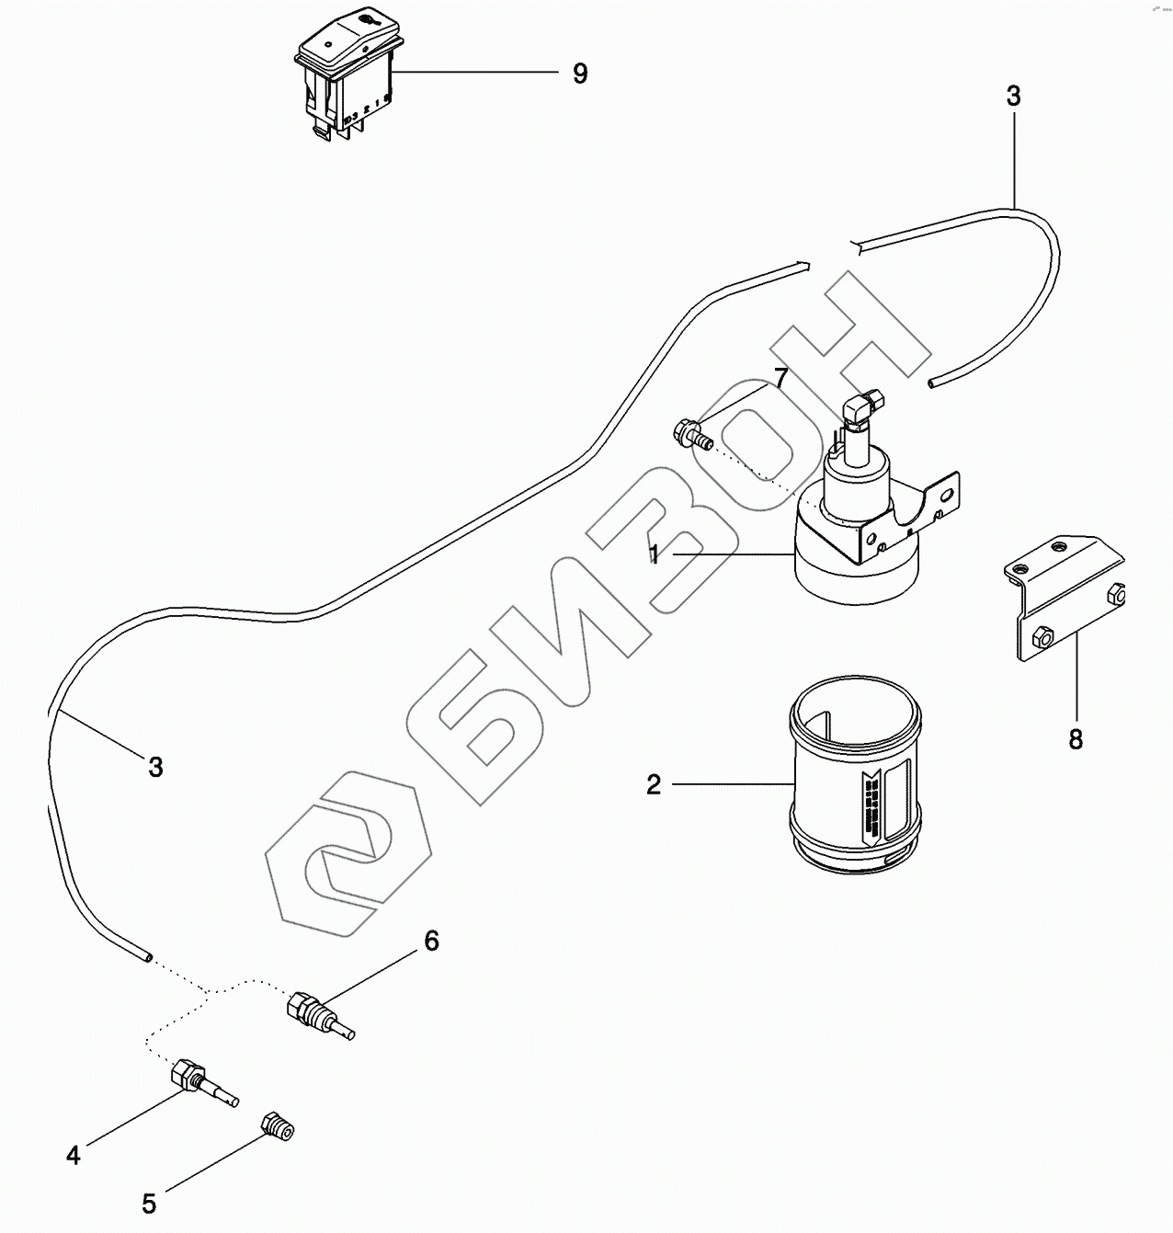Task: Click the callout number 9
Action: (x=580, y=74)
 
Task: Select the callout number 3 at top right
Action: (x=1013, y=97)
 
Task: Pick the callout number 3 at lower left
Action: (x=155, y=766)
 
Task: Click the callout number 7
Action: (x=780, y=378)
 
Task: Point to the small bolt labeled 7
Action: (x=691, y=433)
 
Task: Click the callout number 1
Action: (x=653, y=554)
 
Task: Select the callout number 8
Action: (x=1076, y=738)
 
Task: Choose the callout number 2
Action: (x=654, y=785)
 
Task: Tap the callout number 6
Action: (x=431, y=941)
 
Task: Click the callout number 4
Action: (x=74, y=1155)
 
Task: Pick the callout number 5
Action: (x=149, y=1203)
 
